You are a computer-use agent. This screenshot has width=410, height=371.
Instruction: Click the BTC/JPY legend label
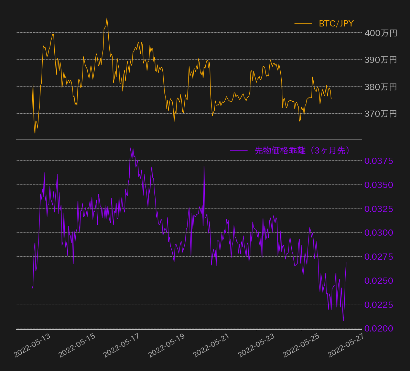click(336, 23)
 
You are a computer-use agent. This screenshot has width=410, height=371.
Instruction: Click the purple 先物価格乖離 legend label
click(302, 150)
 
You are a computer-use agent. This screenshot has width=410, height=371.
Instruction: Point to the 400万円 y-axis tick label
click(381, 33)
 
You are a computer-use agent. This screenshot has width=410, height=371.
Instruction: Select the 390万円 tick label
click(381, 60)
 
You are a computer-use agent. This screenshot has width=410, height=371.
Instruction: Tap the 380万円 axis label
click(381, 87)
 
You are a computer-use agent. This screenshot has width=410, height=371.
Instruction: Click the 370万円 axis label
click(381, 114)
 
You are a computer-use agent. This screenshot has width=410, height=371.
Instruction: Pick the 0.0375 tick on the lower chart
click(379, 161)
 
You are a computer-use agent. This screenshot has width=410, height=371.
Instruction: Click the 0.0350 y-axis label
click(379, 185)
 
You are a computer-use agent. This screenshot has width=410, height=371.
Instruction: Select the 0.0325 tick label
click(379, 209)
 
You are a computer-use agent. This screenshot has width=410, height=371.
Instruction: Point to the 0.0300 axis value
click(379, 233)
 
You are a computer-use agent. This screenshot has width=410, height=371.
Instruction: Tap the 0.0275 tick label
click(379, 257)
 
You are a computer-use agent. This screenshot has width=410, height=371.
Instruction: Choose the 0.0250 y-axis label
click(379, 281)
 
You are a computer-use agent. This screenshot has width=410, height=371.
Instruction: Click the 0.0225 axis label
click(379, 305)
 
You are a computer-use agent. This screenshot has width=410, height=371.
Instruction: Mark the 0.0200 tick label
click(379, 328)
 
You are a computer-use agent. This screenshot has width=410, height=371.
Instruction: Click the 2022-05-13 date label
click(32, 346)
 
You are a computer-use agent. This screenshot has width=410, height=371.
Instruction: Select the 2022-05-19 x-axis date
click(166, 346)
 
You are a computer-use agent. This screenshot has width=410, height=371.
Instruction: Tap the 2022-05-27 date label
click(346, 346)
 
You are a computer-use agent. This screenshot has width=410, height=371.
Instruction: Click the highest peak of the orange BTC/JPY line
click(107, 18)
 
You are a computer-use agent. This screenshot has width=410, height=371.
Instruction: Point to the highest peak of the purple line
click(130, 148)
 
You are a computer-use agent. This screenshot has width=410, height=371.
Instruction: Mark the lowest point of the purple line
click(343, 321)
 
